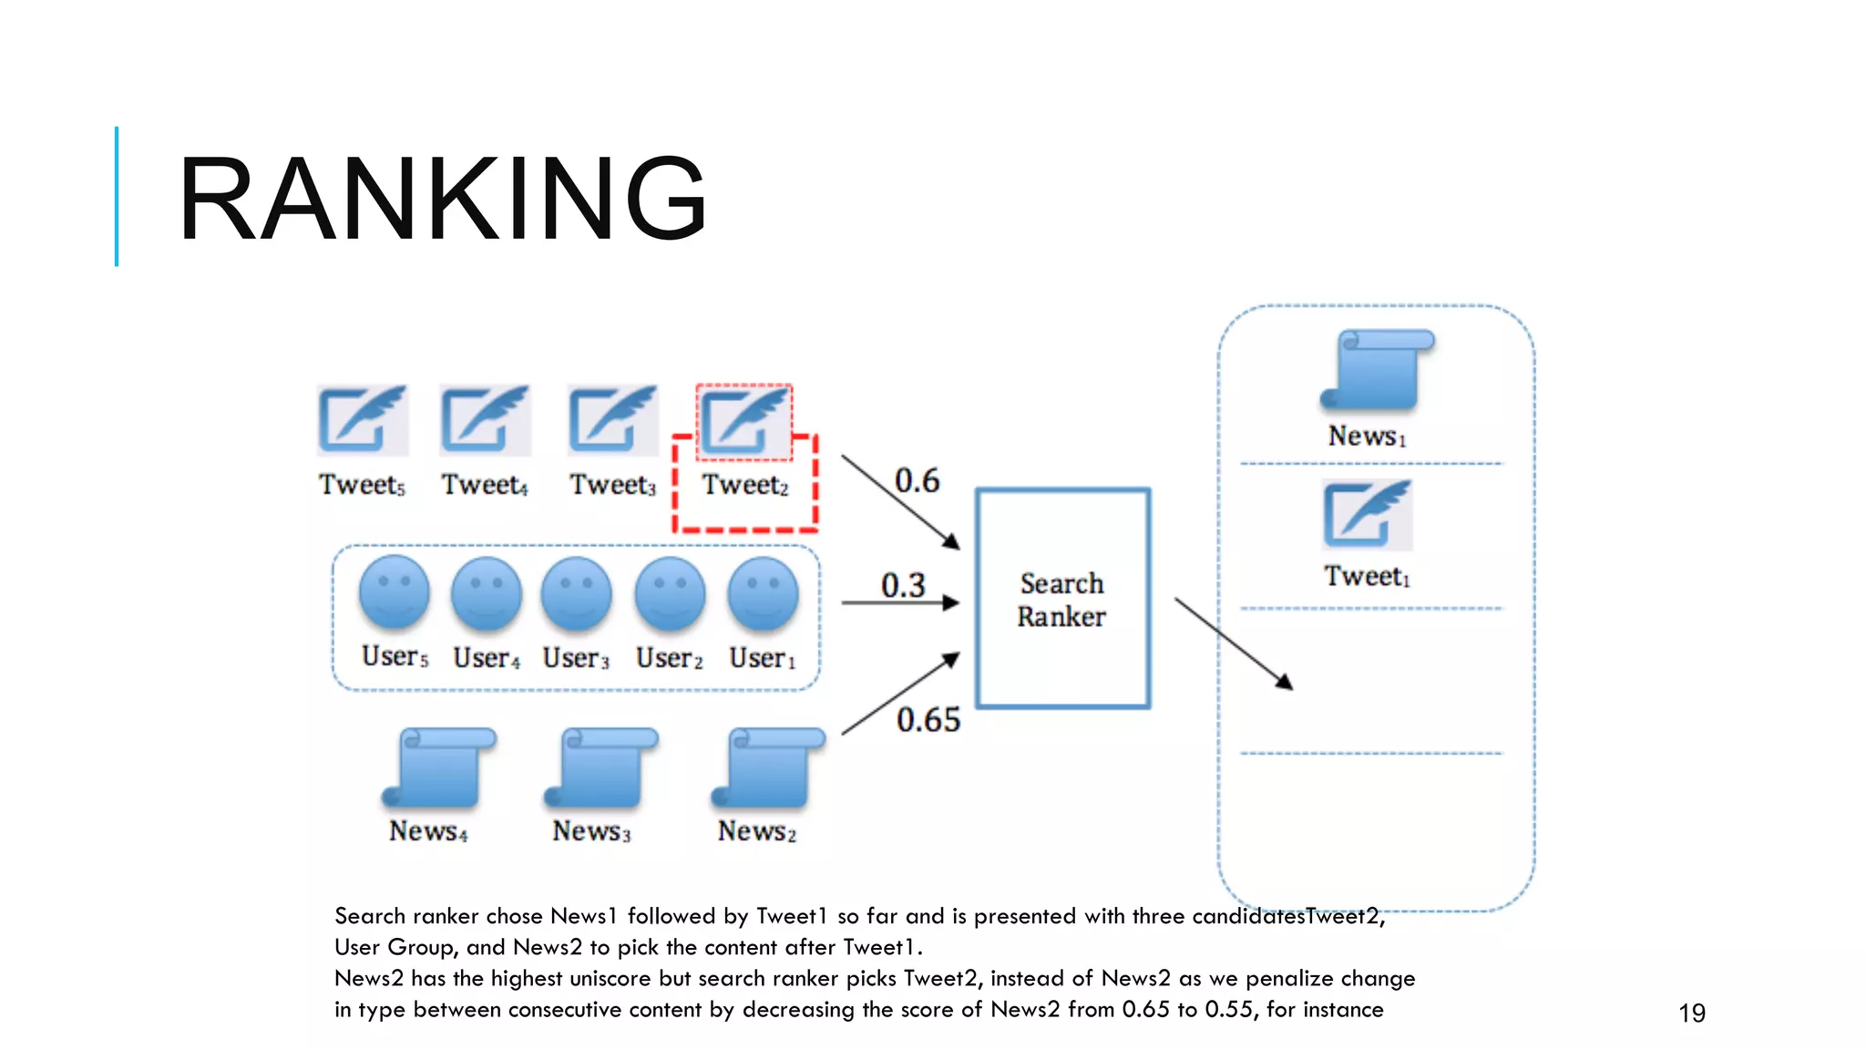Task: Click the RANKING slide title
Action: pyautogui.click(x=443, y=199)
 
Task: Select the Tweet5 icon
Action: pyautogui.click(x=363, y=419)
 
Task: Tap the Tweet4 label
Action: pyautogui.click(x=485, y=485)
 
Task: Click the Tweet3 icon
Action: pyautogui.click(x=612, y=419)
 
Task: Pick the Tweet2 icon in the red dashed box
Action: pyautogui.click(x=744, y=421)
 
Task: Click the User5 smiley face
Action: pyautogui.click(x=394, y=592)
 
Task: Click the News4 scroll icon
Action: pyautogui.click(x=439, y=767)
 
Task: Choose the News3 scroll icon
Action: pyautogui.click(x=601, y=767)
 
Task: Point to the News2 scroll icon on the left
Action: pyautogui.click(x=768, y=767)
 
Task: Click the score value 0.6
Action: pyautogui.click(x=917, y=480)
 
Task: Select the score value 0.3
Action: pyautogui.click(x=903, y=585)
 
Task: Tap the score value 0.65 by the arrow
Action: pyautogui.click(x=928, y=720)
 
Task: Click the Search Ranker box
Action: pyautogui.click(x=1062, y=599)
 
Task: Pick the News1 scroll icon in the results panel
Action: pyautogui.click(x=1378, y=369)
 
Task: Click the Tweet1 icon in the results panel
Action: pyautogui.click(x=1367, y=514)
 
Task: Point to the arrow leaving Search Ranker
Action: pyautogui.click(x=1234, y=643)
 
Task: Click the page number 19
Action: pyautogui.click(x=1692, y=1013)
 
